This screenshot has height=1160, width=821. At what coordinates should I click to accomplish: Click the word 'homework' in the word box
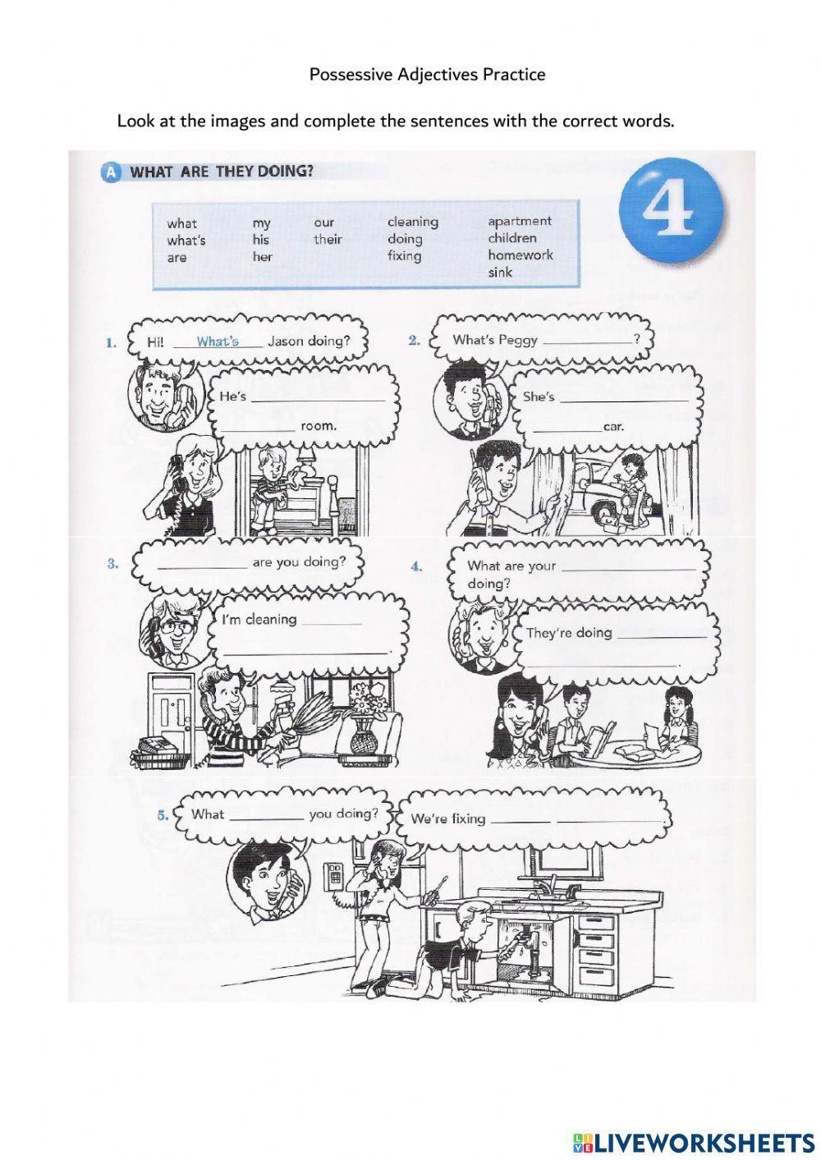point(520,255)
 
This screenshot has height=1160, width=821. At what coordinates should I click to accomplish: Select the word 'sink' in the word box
point(500,273)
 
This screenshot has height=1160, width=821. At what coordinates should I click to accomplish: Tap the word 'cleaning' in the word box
point(412,222)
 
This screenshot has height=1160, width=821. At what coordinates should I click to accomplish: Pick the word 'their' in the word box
point(328,240)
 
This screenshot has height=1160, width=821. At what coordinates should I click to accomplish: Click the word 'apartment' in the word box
point(519,221)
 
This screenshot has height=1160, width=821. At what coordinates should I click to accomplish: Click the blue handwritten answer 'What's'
point(218,342)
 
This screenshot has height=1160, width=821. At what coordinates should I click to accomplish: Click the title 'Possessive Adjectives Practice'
point(427,75)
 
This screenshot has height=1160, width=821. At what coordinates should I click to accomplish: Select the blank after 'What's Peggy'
point(587,341)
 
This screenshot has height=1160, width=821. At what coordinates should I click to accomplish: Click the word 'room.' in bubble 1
point(318,426)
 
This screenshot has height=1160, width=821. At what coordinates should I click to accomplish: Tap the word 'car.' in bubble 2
point(613,426)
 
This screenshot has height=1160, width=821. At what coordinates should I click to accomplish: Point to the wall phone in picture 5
point(333,874)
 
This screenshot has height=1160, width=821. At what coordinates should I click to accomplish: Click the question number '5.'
point(163,814)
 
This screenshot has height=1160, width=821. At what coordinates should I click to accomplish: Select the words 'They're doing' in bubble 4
point(569,633)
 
